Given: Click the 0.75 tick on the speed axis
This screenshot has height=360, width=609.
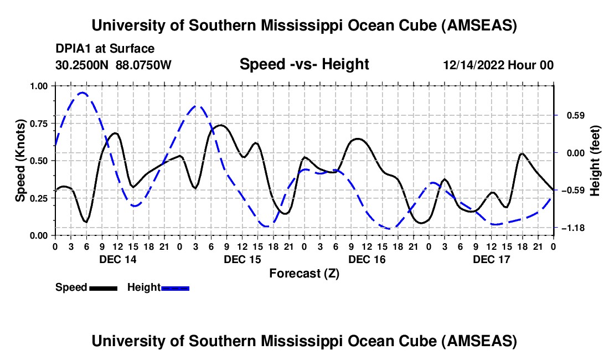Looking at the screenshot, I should point(38,123).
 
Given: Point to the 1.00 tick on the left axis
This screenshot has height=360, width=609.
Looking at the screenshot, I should point(38,86).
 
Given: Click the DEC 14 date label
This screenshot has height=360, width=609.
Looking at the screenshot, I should point(118,259).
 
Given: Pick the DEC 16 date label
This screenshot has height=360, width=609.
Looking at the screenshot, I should point(367,259).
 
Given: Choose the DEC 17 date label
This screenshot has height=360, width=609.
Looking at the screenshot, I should point(491,259).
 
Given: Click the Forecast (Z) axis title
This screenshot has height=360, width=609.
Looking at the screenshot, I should point(304,273).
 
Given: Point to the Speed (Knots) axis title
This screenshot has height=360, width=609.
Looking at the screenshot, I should point(20,160).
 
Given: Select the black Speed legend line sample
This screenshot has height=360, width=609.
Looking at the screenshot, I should point(103,287).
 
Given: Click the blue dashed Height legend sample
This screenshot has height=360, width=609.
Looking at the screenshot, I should point(175,287).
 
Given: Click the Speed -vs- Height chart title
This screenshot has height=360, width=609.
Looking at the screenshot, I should point(304,64).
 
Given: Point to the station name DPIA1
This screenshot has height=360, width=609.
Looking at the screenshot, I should point(72,49).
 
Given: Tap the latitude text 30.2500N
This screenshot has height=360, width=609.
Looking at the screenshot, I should point(82,65).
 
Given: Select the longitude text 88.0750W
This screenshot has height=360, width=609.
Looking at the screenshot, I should point(144,65).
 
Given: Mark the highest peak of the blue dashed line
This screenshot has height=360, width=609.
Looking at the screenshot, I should point(82,93).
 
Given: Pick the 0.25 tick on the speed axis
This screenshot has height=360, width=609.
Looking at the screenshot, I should point(38,198).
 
